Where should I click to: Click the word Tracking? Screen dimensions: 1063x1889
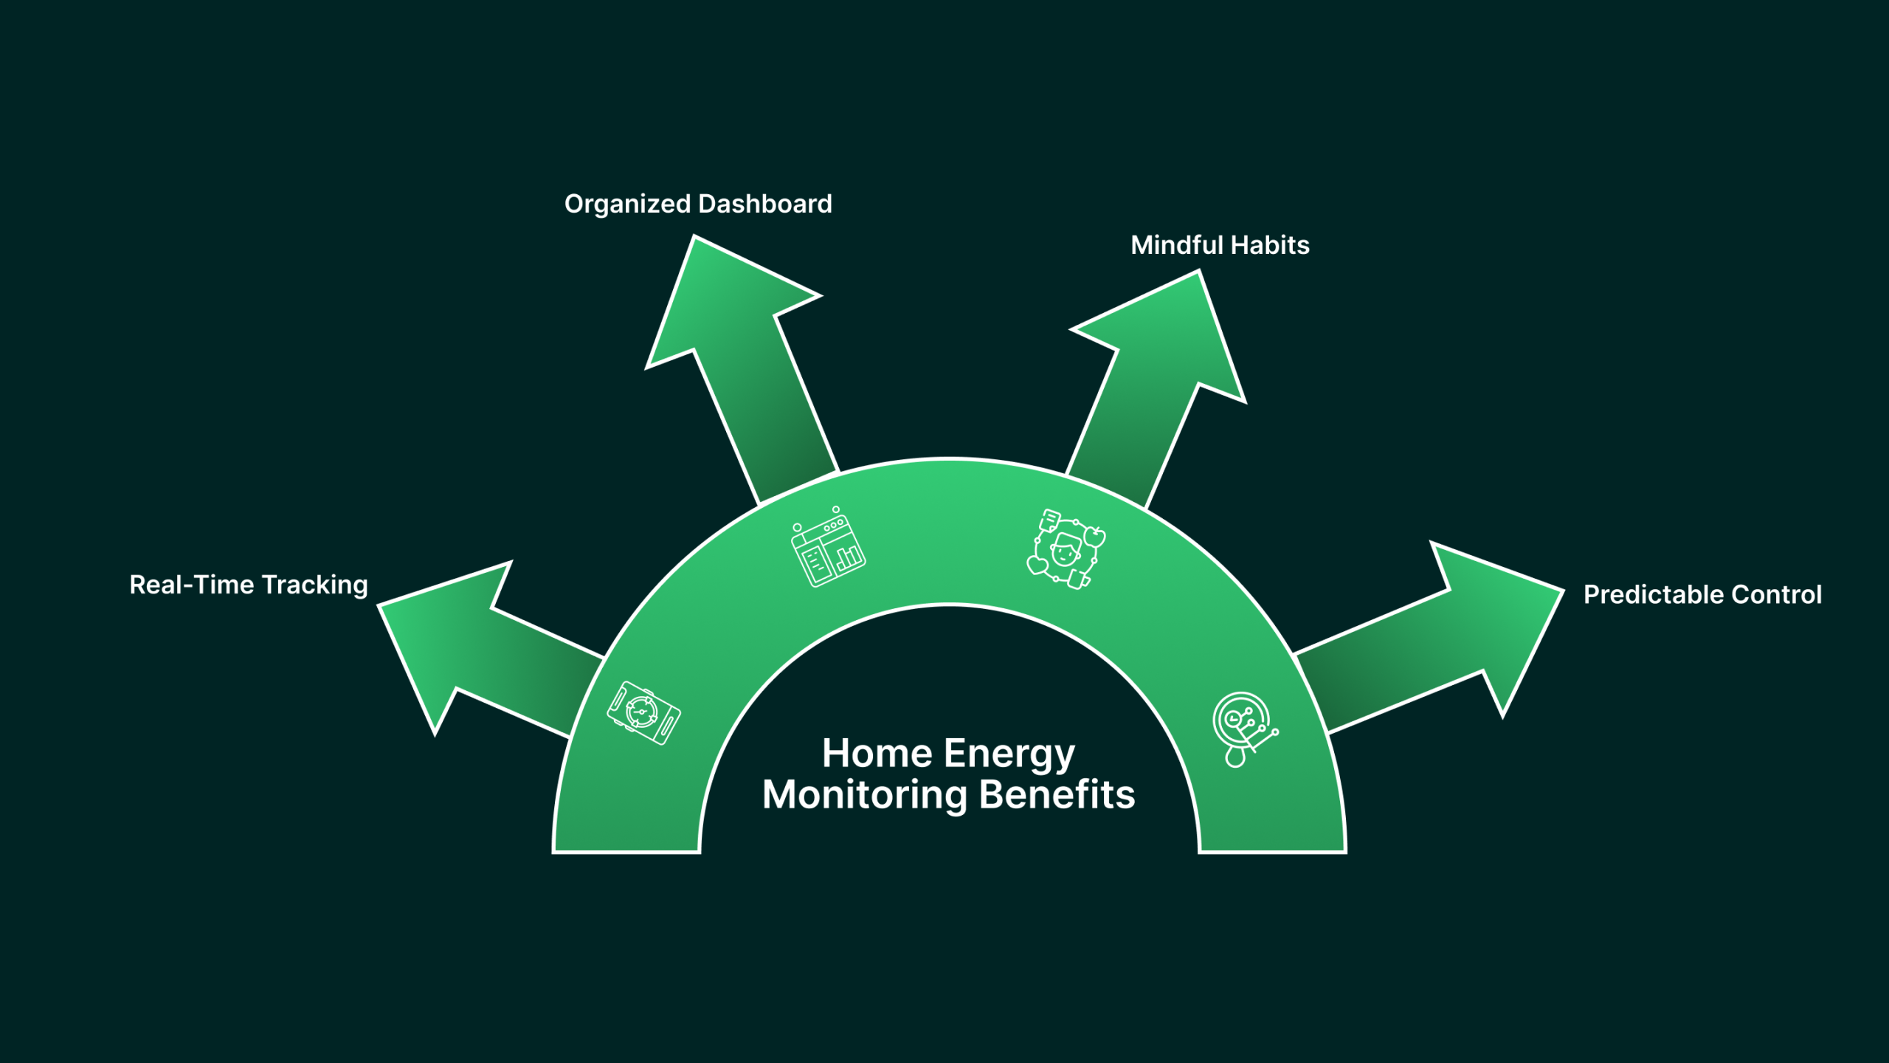click(314, 585)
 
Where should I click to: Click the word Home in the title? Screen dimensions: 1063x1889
click(877, 754)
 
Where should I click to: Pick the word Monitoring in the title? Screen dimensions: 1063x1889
click(865, 796)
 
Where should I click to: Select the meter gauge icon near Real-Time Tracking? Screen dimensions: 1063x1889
click(643, 712)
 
